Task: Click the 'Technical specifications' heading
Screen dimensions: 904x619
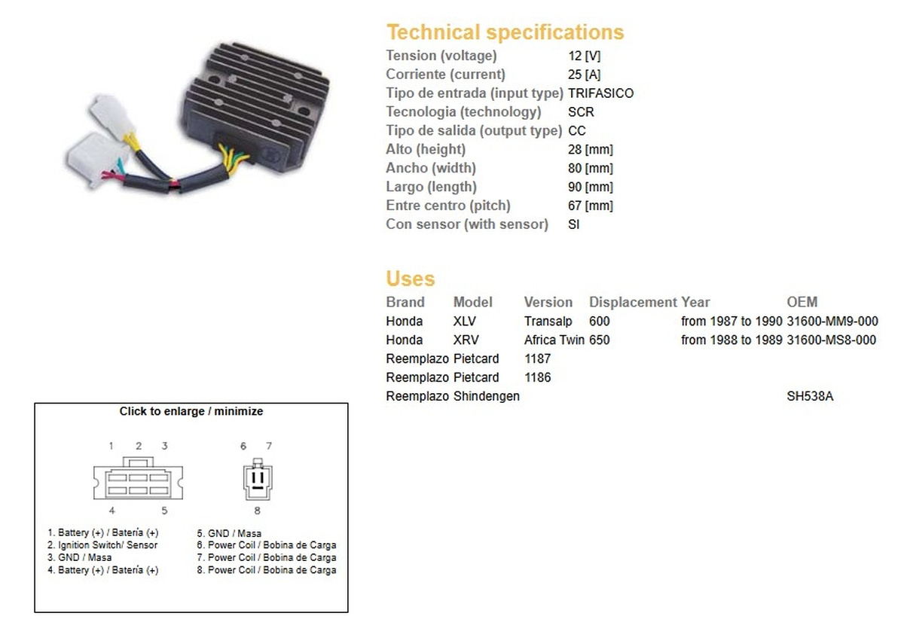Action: pyautogui.click(x=505, y=32)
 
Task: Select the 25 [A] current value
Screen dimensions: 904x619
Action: pyautogui.click(x=584, y=75)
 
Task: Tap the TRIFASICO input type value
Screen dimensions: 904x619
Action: pyautogui.click(x=600, y=93)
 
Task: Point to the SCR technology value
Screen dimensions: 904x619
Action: pyautogui.click(x=581, y=111)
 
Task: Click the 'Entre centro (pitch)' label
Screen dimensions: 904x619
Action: pyautogui.click(x=448, y=206)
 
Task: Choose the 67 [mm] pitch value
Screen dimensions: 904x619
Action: pyautogui.click(x=590, y=206)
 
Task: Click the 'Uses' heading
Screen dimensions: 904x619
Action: pyautogui.click(x=410, y=279)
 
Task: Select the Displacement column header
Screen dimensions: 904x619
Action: pyautogui.click(x=632, y=302)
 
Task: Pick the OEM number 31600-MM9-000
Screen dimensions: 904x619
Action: pyautogui.click(x=832, y=322)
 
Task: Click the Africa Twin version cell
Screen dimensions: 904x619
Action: pyautogui.click(x=554, y=340)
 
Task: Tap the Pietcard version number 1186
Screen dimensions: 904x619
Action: pyautogui.click(x=537, y=377)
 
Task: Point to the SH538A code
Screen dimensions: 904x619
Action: pyautogui.click(x=810, y=396)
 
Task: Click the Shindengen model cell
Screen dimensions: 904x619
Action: pyautogui.click(x=486, y=396)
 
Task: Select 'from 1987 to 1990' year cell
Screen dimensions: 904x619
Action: pyautogui.click(x=731, y=322)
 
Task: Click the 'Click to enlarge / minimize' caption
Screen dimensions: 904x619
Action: pyautogui.click(x=191, y=411)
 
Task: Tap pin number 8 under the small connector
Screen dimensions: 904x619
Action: pyautogui.click(x=257, y=511)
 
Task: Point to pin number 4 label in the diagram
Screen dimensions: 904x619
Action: pyautogui.click(x=111, y=511)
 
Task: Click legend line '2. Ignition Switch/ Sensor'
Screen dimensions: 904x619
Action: pyautogui.click(x=102, y=545)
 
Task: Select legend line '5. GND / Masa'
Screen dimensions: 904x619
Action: pyautogui.click(x=229, y=533)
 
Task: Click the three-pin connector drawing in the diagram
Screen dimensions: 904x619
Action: pyautogui.click(x=258, y=479)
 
